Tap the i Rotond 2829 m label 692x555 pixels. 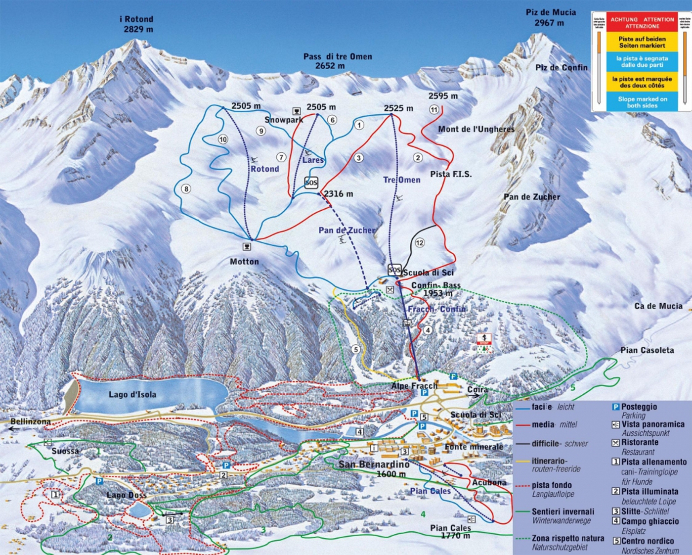137,24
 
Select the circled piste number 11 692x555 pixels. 434,109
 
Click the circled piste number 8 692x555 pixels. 186,188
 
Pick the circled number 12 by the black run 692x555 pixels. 420,242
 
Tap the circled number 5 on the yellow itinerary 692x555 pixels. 355,349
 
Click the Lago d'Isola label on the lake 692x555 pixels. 132,394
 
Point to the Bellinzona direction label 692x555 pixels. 31,421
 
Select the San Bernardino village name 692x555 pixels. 374,464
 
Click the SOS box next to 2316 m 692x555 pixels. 311,183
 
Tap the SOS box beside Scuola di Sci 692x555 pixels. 394,270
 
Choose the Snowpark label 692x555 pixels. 284,120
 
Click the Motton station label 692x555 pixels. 244,262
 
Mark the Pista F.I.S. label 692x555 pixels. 451,174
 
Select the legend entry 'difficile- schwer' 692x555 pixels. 560,444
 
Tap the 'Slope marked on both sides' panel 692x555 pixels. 642,102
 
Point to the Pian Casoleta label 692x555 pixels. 647,350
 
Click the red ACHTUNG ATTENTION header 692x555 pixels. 642,23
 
